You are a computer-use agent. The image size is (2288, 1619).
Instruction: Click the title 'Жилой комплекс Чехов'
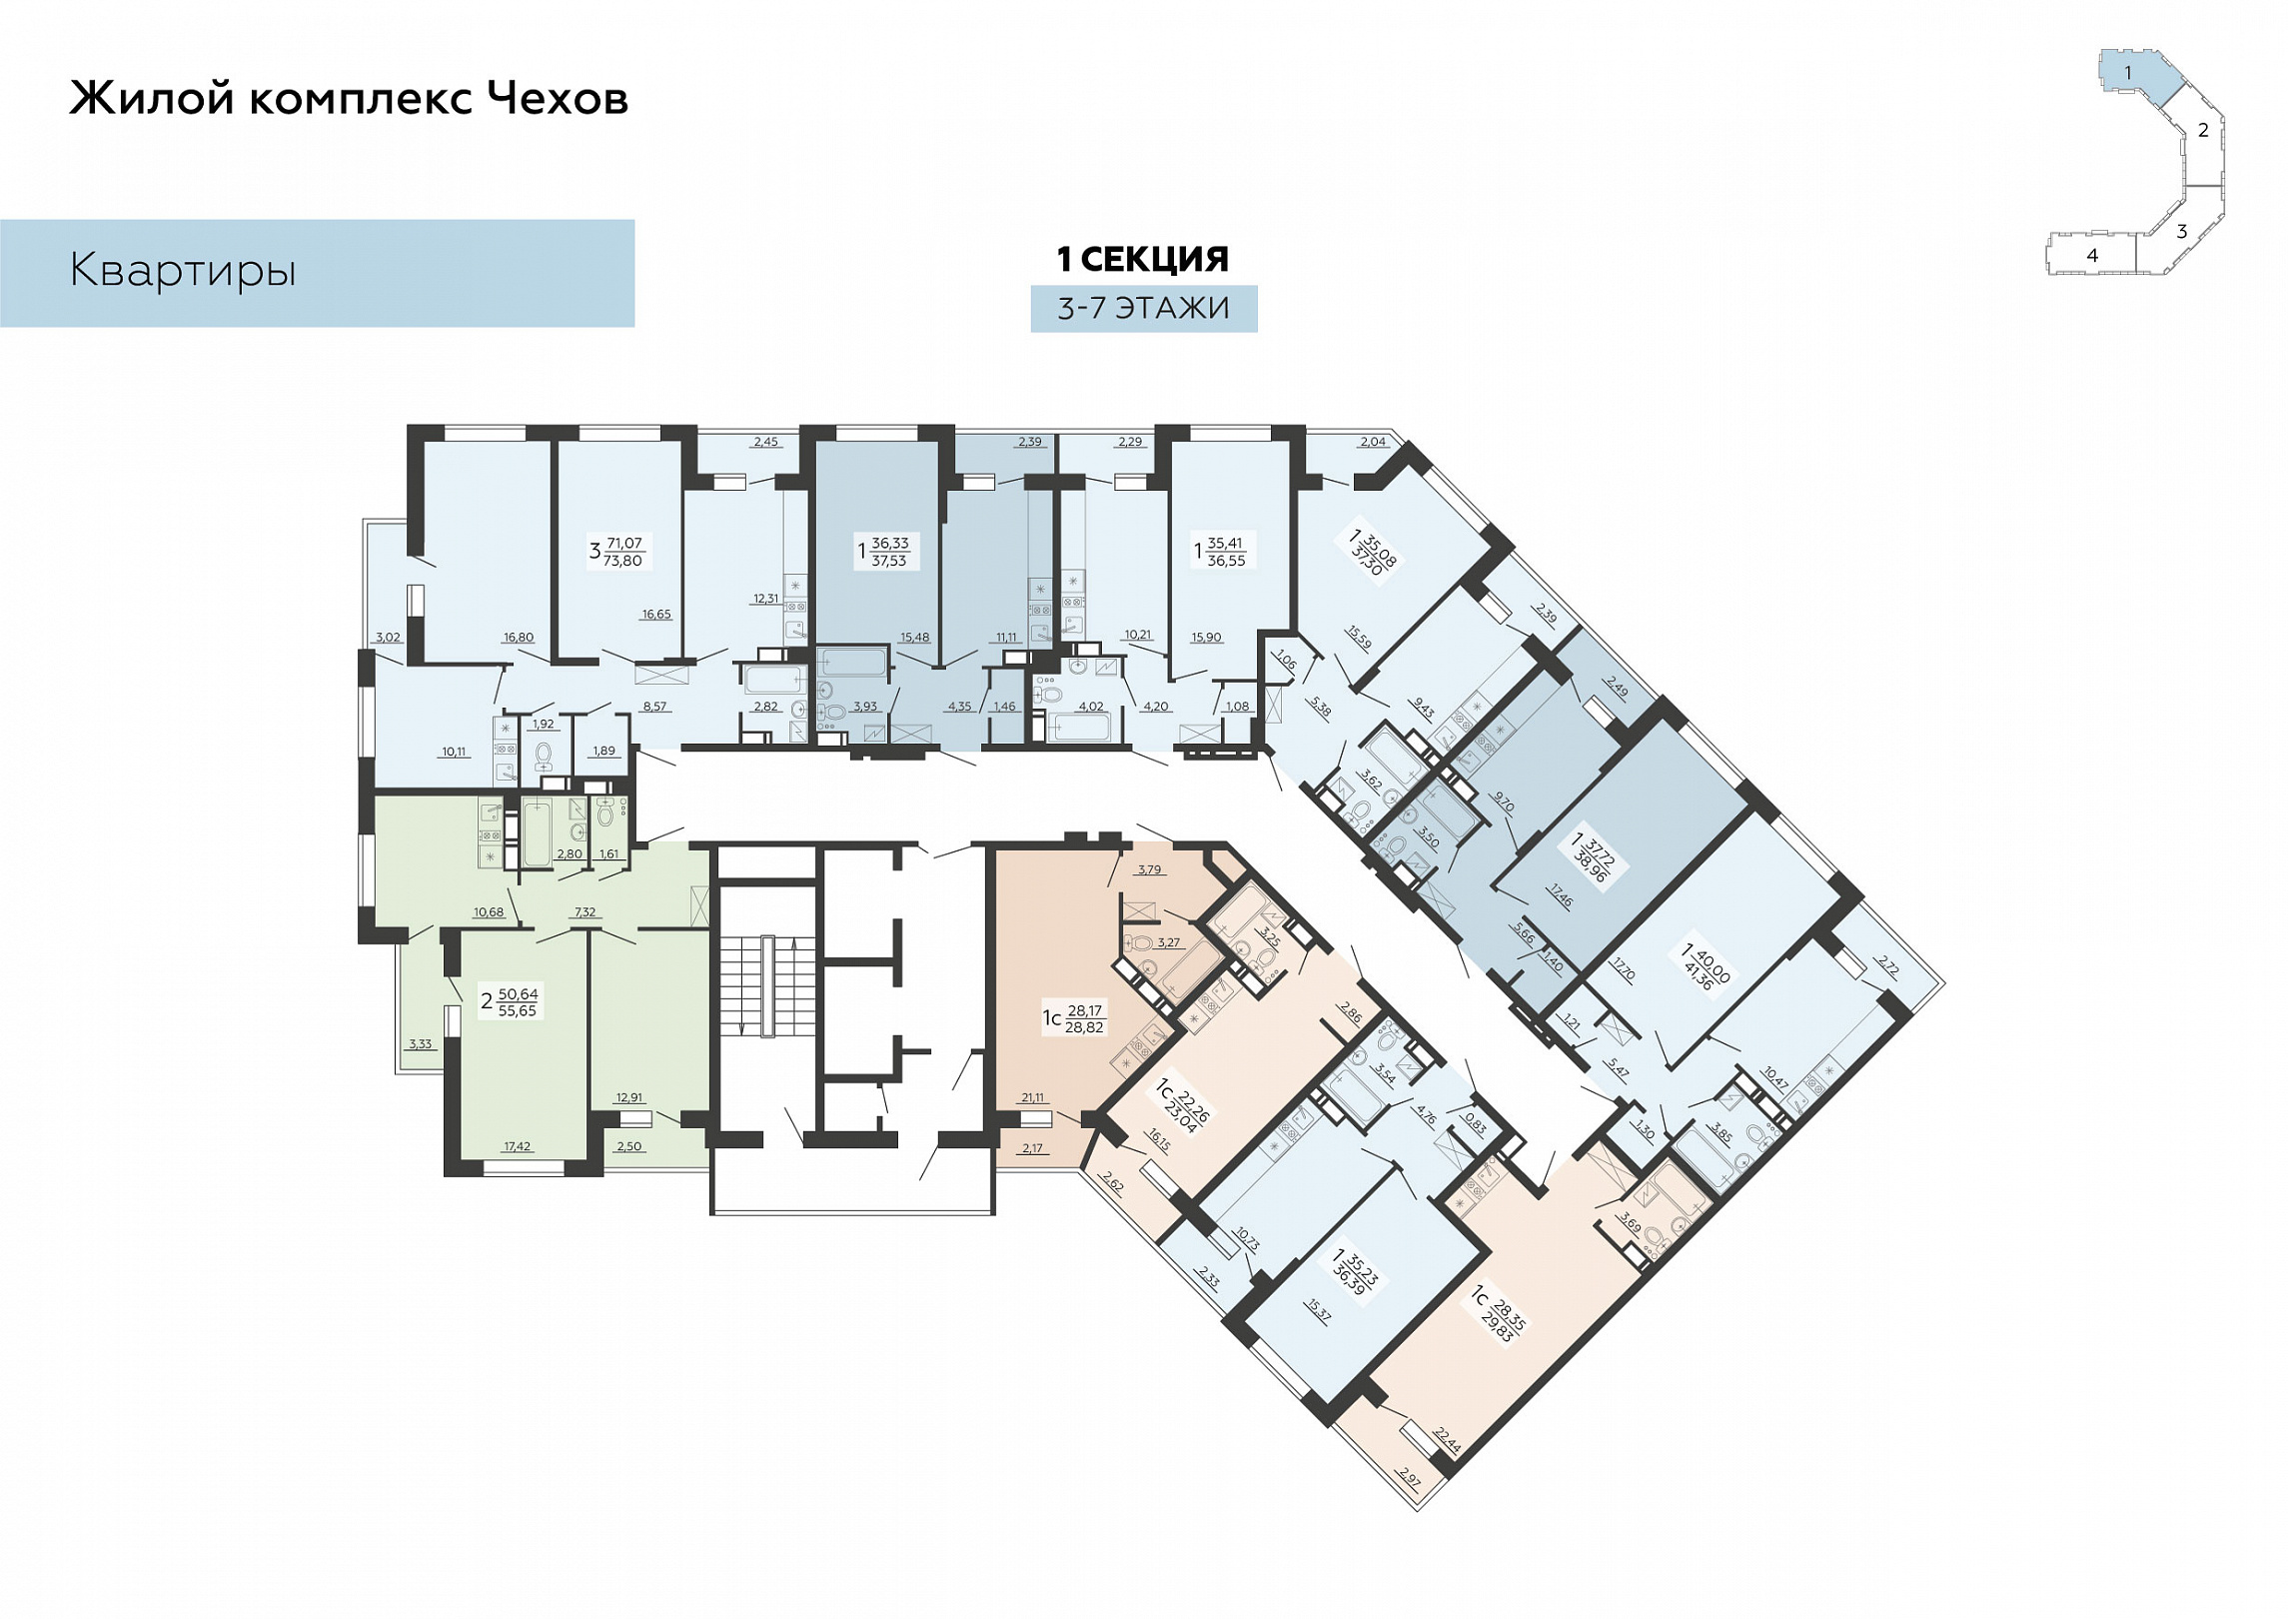pyautogui.click(x=349, y=98)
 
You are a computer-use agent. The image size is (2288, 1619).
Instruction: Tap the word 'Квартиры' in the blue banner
pyautogui.click(x=183, y=271)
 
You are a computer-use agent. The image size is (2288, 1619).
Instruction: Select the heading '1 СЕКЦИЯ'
pyautogui.click(x=1143, y=259)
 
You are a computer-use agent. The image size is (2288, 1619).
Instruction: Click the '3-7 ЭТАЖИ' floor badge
pyautogui.click(x=1144, y=308)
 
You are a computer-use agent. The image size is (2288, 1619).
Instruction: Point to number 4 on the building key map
pyautogui.click(x=2092, y=255)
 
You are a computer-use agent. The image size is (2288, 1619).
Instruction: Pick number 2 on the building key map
pyautogui.click(x=2203, y=130)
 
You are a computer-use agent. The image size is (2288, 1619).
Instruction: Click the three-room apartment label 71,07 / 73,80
pyautogui.click(x=617, y=552)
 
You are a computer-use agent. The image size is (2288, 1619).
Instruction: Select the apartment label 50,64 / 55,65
pyautogui.click(x=510, y=1001)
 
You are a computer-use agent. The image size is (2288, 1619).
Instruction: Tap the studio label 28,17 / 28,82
pyautogui.click(x=1075, y=1018)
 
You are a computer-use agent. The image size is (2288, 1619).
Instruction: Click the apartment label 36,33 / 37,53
pyautogui.click(x=883, y=552)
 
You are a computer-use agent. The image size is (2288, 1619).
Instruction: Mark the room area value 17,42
pyautogui.click(x=518, y=1146)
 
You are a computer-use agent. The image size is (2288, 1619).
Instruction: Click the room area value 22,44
pyautogui.click(x=1448, y=1441)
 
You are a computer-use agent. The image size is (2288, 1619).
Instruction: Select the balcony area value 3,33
pyautogui.click(x=420, y=1044)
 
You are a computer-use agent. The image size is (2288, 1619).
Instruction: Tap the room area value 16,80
pyautogui.click(x=519, y=638)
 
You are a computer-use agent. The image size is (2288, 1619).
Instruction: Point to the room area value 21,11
pyautogui.click(x=1032, y=1097)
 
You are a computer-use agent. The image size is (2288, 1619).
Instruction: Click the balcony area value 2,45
pyautogui.click(x=765, y=442)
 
